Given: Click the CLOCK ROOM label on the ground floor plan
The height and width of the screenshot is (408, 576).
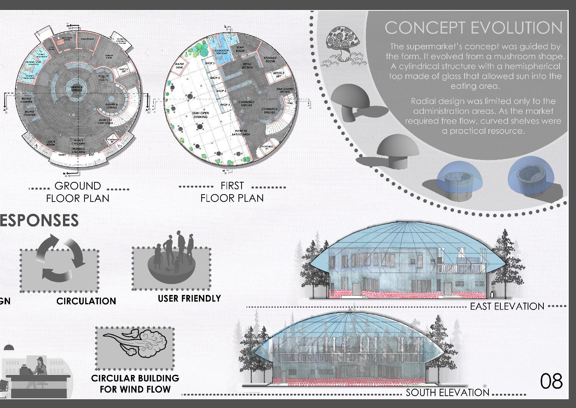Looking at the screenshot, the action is (51, 143).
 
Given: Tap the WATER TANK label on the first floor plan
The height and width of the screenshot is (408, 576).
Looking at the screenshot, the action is (179, 66).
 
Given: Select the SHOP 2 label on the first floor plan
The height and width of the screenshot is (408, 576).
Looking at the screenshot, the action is (215, 78).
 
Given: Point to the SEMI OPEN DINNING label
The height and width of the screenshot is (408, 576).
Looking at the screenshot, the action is (200, 115).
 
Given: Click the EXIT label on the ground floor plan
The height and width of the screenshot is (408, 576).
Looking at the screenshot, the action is (91, 155).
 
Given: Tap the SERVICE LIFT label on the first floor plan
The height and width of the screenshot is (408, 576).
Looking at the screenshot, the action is (278, 74).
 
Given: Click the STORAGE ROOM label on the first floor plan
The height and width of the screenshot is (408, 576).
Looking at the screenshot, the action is (270, 60).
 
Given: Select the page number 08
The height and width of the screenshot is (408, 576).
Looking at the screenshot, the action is (551, 381).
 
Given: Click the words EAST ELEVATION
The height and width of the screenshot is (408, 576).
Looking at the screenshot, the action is (507, 306).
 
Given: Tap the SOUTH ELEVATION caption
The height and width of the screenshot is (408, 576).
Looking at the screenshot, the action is (447, 393).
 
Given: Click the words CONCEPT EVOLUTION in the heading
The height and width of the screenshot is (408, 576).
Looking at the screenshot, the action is (473, 28).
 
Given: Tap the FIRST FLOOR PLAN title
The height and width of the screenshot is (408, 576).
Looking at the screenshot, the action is (232, 192).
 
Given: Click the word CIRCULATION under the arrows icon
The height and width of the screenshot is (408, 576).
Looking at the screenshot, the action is (86, 301).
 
